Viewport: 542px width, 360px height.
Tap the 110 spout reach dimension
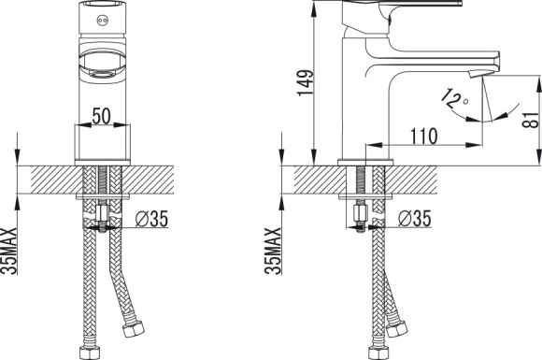[x=423, y=136]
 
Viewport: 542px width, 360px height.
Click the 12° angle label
[x=454, y=97]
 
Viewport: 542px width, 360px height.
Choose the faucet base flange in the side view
[x=363, y=163]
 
